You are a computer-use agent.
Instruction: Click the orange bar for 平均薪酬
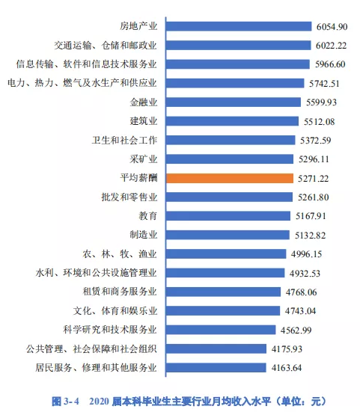[x=230, y=178]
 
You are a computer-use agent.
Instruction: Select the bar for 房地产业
[x=239, y=26]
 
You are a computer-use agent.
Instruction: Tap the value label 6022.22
[x=331, y=46]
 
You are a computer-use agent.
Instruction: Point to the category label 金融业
[x=144, y=102]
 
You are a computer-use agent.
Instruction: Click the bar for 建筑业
[x=232, y=121]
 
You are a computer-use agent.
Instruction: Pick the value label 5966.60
[x=330, y=64]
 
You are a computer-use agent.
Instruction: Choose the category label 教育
[x=148, y=215]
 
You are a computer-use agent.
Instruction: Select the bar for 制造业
[x=228, y=235]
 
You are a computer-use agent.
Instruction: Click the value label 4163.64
[x=287, y=368]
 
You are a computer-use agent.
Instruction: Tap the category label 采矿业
[x=144, y=159]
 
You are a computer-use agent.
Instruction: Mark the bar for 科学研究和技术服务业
[x=221, y=330]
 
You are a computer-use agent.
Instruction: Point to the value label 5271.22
[x=314, y=179]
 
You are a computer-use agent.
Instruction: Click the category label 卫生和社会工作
[x=125, y=141]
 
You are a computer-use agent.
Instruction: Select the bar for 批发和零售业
[x=229, y=197]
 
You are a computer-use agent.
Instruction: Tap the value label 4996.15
[x=306, y=254]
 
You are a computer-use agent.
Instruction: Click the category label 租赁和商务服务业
[x=120, y=292]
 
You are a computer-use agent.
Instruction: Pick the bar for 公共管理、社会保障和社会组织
[x=216, y=348]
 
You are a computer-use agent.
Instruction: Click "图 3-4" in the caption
[x=65, y=402]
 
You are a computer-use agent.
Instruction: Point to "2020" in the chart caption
[x=99, y=402]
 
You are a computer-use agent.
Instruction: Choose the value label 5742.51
[x=324, y=84]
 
